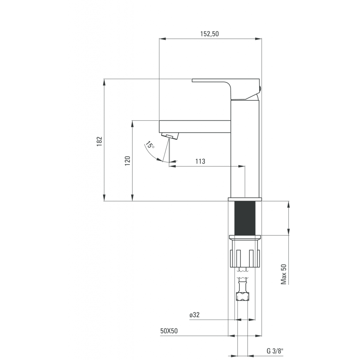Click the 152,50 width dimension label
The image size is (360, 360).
pos(210,34)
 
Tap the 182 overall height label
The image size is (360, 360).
pos(99,141)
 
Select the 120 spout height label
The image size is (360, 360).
pos(127,161)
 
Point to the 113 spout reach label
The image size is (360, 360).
pos(200,161)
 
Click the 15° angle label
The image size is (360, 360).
pos(150,145)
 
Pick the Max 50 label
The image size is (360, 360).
pos(284,274)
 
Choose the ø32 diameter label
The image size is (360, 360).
pos(194,315)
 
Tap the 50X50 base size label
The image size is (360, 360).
pos(169,331)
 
